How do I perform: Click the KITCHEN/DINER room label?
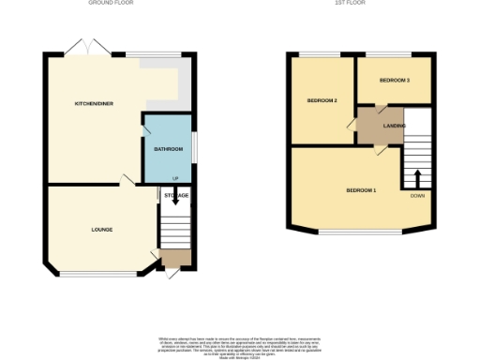[x=95, y=104]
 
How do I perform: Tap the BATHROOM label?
[x=166, y=148]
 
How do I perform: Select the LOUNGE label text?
[x=102, y=229]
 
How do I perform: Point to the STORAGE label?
[x=176, y=195]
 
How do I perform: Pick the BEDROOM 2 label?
[x=322, y=99]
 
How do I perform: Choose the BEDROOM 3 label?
[x=394, y=81]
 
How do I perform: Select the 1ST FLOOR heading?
[x=350, y=4]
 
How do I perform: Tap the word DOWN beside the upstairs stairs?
[x=417, y=196]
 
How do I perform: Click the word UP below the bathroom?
[x=174, y=179]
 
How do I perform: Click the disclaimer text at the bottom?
[x=239, y=344]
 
